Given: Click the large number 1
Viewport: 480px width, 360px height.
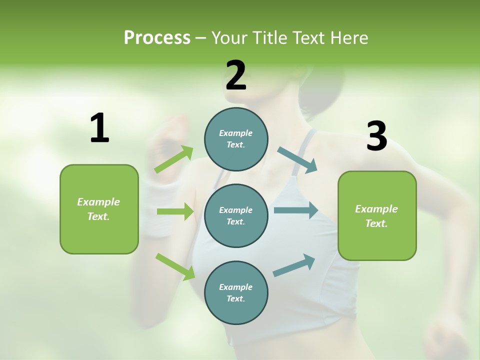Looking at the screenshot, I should [x=99, y=128].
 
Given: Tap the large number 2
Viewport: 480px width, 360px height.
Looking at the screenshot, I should [x=236, y=75].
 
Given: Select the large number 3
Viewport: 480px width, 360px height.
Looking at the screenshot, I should [x=376, y=136].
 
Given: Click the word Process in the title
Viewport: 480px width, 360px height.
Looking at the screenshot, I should [x=157, y=37].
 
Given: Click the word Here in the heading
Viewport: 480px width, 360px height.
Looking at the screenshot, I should [x=349, y=37].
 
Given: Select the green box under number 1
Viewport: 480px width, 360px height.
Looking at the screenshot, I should [x=99, y=209].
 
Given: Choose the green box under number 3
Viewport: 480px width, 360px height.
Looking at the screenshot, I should [x=377, y=215].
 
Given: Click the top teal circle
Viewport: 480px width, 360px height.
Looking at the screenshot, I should [x=236, y=139].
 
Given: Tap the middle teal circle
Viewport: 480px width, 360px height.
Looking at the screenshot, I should [x=236, y=215].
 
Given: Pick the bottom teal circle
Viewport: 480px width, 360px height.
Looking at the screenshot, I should [x=236, y=292].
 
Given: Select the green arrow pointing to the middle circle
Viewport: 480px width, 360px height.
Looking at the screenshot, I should [x=175, y=211].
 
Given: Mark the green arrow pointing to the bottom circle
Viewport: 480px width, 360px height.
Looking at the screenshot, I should [x=175, y=266].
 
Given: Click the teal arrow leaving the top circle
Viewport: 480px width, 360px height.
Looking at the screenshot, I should [x=297, y=160].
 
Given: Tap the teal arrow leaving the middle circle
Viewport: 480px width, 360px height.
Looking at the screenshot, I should [x=296, y=210].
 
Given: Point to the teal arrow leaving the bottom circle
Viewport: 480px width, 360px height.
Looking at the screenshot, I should [x=294, y=265].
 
